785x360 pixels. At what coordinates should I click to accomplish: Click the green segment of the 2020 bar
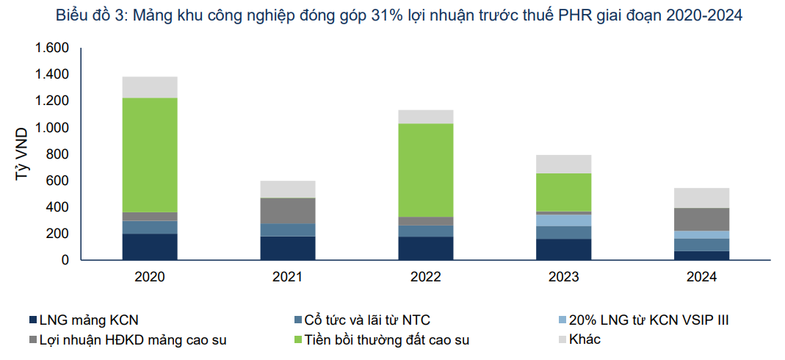click(x=150, y=154)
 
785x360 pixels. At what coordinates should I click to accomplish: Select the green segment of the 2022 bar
click(x=425, y=170)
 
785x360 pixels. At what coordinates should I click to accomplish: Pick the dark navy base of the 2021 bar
click(x=288, y=248)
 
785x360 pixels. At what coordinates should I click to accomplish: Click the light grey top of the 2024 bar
click(x=701, y=198)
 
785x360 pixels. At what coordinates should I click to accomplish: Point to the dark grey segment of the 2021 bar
click(x=288, y=210)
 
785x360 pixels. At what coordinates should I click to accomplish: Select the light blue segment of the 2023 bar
click(x=563, y=220)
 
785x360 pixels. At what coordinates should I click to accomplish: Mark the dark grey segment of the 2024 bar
click(x=701, y=219)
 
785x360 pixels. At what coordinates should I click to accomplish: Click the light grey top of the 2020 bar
click(x=150, y=87)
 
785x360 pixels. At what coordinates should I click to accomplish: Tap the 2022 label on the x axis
click(x=425, y=277)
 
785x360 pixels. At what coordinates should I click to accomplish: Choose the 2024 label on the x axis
click(x=701, y=277)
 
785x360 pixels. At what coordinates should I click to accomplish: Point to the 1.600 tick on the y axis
click(x=51, y=48)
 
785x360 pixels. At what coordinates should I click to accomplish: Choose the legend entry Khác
click(x=585, y=339)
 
